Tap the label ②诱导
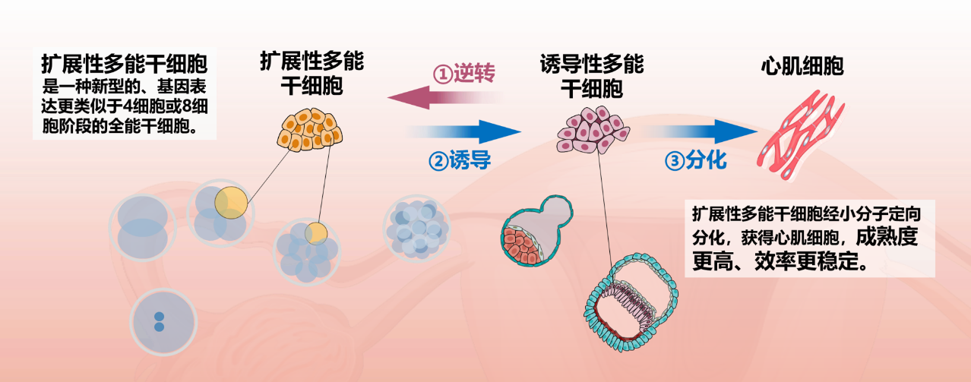click(x=459, y=161)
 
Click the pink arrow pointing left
click(x=444, y=97)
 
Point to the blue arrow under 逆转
click(x=465, y=131)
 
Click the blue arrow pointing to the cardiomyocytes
click(x=702, y=132)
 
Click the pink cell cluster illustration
click(x=593, y=129)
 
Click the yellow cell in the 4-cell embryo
click(x=230, y=203)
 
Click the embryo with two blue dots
click(x=159, y=322)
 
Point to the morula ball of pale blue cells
click(x=416, y=228)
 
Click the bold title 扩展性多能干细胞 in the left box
click(x=125, y=62)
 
